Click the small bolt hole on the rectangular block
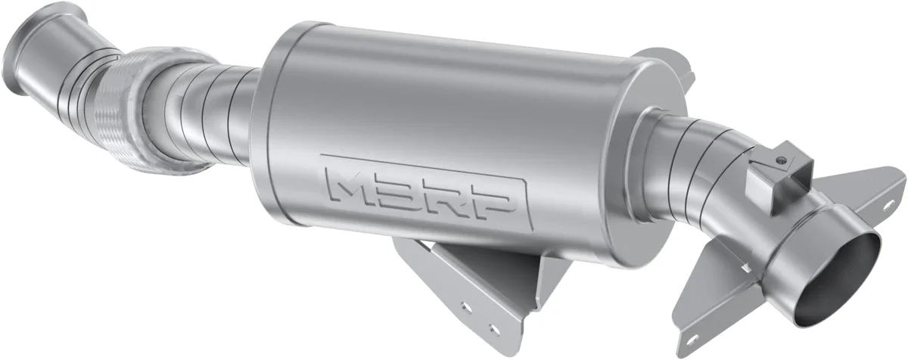click(x=779, y=160)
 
